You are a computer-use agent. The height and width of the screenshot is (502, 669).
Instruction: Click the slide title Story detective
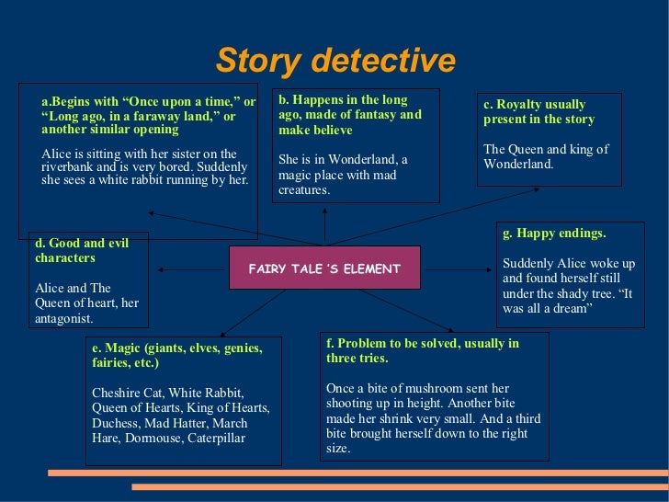coord(334,61)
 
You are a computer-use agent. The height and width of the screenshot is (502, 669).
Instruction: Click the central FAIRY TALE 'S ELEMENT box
coord(324,268)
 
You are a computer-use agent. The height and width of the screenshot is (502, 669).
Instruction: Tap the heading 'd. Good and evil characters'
coord(82,250)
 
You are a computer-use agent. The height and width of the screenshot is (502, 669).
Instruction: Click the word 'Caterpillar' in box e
coord(217,438)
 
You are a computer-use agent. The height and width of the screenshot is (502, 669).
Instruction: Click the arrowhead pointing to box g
coord(492,268)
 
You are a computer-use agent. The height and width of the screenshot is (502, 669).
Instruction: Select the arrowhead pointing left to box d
coord(161,268)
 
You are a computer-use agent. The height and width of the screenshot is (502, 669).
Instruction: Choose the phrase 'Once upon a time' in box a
coord(184,101)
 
